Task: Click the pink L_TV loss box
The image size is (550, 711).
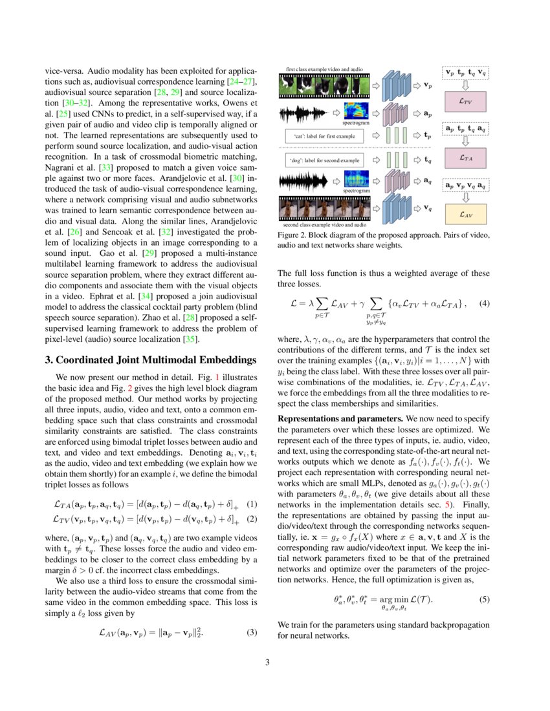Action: tap(465, 101)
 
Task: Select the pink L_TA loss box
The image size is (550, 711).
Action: tap(465, 157)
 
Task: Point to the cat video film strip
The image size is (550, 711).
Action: tap(322, 85)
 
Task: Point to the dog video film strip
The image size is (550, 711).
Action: tap(322, 207)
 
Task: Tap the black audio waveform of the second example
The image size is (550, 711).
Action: tap(304, 182)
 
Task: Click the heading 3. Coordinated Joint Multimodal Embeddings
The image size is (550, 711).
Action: tap(151, 359)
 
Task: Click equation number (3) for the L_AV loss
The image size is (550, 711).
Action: tap(253, 633)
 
